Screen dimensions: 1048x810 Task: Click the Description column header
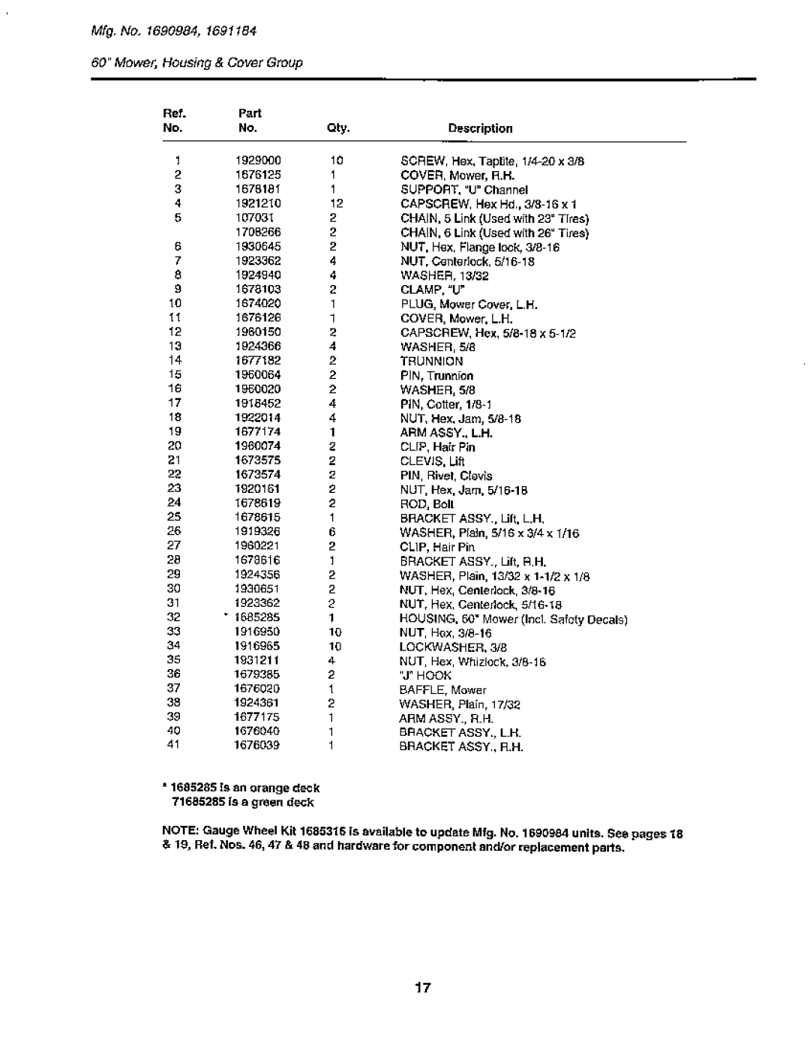pyautogui.click(x=480, y=128)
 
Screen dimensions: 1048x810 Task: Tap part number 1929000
pyautogui.click(x=262, y=161)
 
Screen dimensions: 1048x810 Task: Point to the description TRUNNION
pyautogui.click(x=431, y=361)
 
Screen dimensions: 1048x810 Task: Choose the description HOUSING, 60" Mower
pyautogui.click(x=513, y=619)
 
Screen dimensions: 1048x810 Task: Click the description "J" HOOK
pyautogui.click(x=425, y=676)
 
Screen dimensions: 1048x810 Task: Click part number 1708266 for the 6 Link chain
pyautogui.click(x=262, y=233)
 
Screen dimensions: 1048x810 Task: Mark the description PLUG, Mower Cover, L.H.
pyautogui.click(x=469, y=305)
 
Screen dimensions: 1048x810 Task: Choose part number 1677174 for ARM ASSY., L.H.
pyautogui.click(x=262, y=433)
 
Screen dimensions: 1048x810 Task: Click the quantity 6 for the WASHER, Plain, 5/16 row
pyautogui.click(x=331, y=533)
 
